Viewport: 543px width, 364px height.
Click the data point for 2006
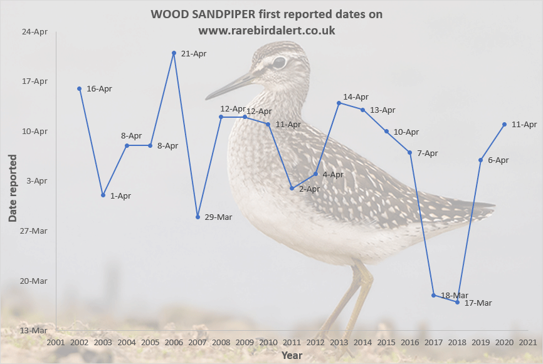(x=174, y=53)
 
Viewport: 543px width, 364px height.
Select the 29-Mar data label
(x=219, y=217)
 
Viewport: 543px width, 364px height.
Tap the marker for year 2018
(x=457, y=302)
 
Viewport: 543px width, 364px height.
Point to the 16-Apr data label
(x=99, y=89)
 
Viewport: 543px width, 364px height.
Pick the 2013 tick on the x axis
(x=339, y=342)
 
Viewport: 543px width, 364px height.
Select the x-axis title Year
(x=292, y=355)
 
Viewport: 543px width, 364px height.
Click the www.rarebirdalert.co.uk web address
(x=267, y=30)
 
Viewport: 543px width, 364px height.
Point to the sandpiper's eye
(x=278, y=62)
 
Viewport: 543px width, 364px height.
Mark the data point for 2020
(x=504, y=124)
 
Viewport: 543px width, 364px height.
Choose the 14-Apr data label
(x=356, y=97)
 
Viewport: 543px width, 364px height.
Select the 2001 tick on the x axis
(x=56, y=342)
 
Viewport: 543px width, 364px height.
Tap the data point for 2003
(x=103, y=195)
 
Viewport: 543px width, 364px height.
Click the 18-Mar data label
(x=455, y=295)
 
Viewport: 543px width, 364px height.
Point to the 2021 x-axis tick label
(x=527, y=342)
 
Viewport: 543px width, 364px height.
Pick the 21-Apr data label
(x=193, y=53)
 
